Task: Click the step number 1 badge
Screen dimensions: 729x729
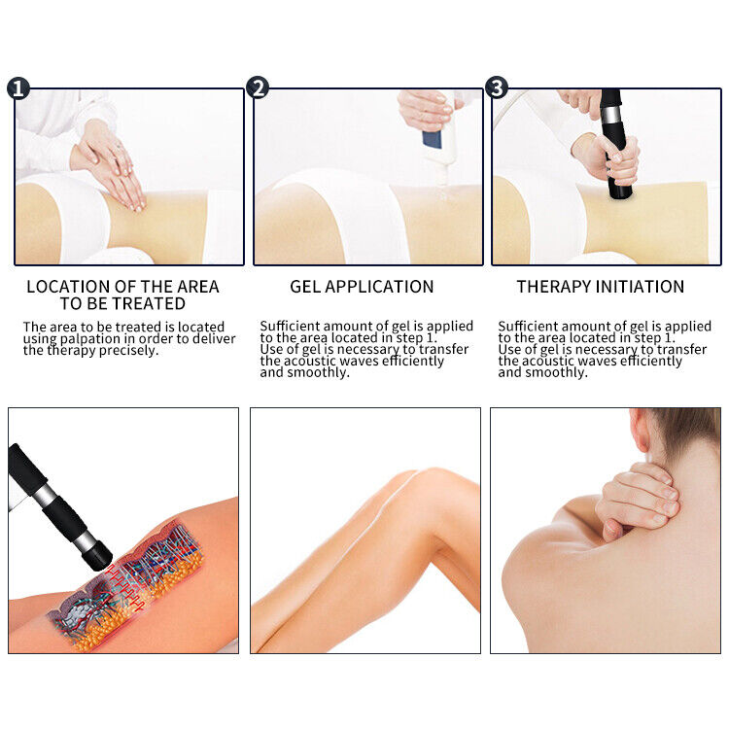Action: coord(17,88)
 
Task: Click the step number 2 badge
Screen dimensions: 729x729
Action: coord(258,88)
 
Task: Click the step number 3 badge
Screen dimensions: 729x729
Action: coord(496,88)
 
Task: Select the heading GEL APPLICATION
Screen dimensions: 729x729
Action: coord(362,287)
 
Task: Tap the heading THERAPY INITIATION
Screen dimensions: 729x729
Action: coord(600,287)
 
